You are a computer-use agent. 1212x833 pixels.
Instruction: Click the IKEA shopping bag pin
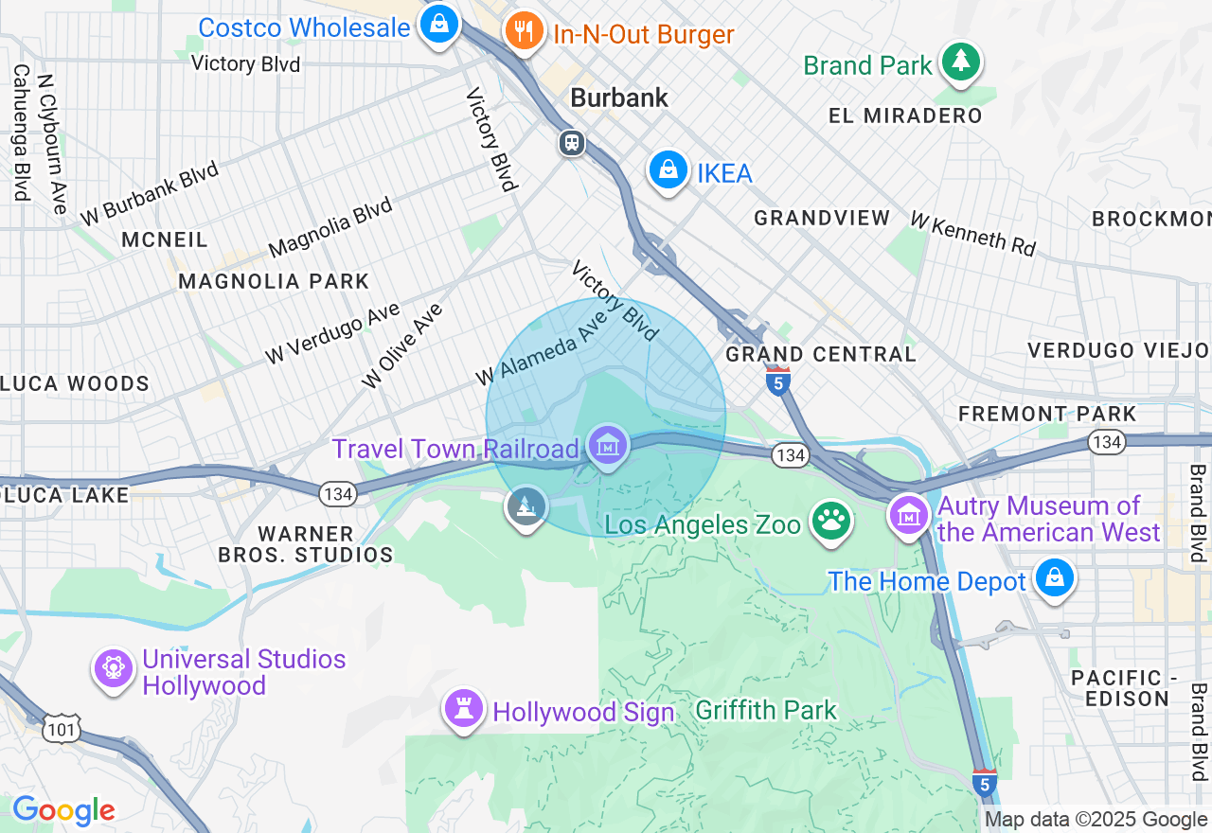(668, 171)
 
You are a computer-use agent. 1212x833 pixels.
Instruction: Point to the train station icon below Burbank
(571, 144)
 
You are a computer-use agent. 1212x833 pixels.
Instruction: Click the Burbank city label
(620, 97)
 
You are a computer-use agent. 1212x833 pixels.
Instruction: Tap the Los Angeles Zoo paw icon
(831, 522)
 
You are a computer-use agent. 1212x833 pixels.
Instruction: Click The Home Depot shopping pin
(1054, 577)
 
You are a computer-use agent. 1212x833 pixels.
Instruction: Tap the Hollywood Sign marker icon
(464, 708)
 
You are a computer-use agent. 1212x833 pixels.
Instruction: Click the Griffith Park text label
(766, 710)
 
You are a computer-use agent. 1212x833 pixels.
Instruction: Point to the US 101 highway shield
(63, 729)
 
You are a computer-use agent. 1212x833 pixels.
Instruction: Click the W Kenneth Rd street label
(972, 234)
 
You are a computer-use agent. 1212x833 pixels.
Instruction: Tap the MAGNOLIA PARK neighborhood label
(274, 281)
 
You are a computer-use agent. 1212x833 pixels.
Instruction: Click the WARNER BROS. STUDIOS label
(305, 544)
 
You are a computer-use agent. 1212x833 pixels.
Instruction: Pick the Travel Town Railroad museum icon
(607, 444)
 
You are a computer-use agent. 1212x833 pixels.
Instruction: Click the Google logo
(63, 810)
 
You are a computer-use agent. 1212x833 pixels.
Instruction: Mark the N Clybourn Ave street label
(53, 142)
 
